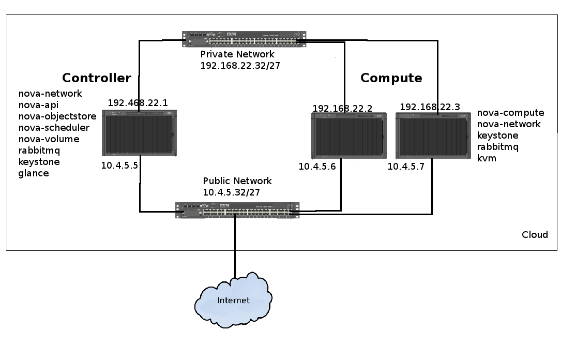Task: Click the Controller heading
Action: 97,78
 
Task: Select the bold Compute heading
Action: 391,78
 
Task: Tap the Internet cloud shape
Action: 233,301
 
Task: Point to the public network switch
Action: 237,209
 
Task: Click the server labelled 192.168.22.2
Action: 348,136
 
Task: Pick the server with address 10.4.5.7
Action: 433,136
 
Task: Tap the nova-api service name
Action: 39,105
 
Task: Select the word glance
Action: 34,173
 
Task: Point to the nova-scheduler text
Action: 54,128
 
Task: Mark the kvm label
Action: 487,158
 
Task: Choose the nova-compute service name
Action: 510,113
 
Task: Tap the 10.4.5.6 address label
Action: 317,167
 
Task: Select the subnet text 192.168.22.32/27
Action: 240,66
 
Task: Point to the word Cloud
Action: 535,235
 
